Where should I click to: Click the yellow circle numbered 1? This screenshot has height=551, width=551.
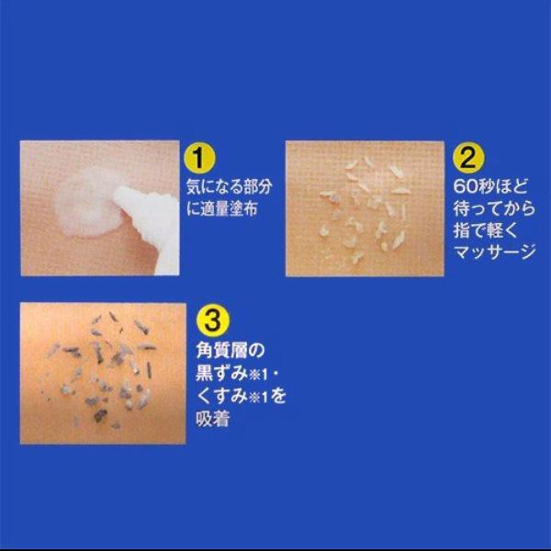pos(199,159)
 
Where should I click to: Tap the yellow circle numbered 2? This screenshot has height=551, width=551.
pos(468,159)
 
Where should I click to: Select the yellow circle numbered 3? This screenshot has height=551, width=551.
pos(212,320)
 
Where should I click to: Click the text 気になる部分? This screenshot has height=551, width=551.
pos(229,187)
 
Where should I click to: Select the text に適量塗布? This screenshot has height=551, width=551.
pos(222,209)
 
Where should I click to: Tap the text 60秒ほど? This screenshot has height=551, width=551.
pos(490,186)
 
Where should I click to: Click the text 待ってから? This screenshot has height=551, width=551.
pos(494,209)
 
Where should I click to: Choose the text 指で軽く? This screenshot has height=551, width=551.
pos(486,231)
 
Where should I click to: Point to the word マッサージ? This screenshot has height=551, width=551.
pos(494,253)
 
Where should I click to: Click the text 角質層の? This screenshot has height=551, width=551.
pos(231,351)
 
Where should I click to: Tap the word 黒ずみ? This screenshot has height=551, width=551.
pos(221,374)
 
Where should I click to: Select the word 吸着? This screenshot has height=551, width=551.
pos(213,419)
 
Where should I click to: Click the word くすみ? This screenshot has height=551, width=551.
pos(221,397)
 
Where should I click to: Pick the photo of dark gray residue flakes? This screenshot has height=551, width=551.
pos(103,374)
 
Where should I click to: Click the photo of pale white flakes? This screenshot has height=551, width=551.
pos(365,208)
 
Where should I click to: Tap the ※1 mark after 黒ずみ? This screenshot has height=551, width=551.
pos(258,376)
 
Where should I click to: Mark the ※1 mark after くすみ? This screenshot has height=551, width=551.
pos(258,398)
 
